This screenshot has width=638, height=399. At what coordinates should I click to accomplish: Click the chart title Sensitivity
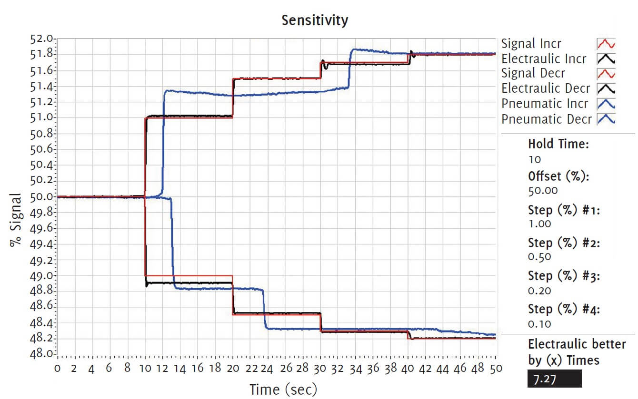click(x=315, y=20)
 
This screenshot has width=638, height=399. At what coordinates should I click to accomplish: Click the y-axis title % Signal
click(x=15, y=219)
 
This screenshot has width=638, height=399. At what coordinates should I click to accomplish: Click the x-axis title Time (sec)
click(x=283, y=389)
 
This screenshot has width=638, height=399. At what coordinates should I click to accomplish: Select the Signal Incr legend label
click(x=531, y=44)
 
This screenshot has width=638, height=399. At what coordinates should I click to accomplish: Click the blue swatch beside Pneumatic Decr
click(x=606, y=119)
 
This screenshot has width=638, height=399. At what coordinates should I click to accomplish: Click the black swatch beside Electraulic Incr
click(x=606, y=59)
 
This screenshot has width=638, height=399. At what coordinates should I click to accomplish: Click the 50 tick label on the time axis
click(x=496, y=368)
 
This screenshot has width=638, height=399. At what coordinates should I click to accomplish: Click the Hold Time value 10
click(x=535, y=159)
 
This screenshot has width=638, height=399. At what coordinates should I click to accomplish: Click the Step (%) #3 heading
click(x=564, y=276)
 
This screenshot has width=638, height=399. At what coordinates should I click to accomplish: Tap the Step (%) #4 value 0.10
click(x=539, y=324)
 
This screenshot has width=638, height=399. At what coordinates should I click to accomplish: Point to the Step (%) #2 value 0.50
click(x=539, y=257)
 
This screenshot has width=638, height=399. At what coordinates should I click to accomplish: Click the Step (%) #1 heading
click(x=564, y=210)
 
